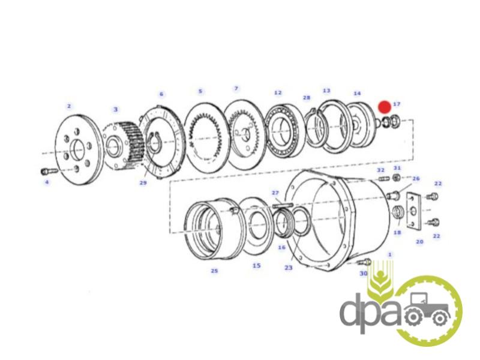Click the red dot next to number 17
pos(385,107)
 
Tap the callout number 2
pos(69,106)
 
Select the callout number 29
pos(143,183)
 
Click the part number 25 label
pos(214,271)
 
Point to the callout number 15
pos(257,265)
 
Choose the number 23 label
pos(289,268)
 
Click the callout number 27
pos(275,193)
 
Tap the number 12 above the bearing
pos(278,92)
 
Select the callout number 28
pos(307,98)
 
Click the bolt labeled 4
pos(49,171)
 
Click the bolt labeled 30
pos(364,262)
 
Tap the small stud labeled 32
pos(384,178)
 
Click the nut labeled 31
pos(397,177)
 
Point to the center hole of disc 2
pos(77,149)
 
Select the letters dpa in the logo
pos(370,313)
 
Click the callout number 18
pos(397,233)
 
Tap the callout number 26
pos(416,178)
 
